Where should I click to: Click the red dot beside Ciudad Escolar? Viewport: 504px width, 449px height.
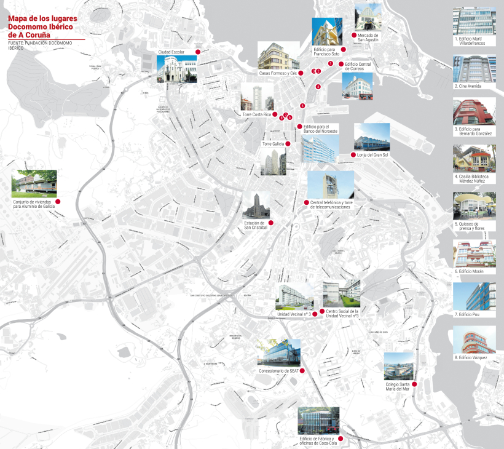click(x=198, y=52)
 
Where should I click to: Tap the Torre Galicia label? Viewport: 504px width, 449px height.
click(x=274, y=144)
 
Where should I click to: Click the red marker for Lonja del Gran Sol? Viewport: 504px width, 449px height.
click(x=352, y=155)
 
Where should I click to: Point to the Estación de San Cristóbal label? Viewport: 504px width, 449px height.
click(x=255, y=225)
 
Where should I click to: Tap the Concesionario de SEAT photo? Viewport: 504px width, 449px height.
click(x=279, y=354)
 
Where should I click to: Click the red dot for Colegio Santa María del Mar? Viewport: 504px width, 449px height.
click(x=414, y=384)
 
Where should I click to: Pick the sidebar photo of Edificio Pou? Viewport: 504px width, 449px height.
click(x=474, y=296)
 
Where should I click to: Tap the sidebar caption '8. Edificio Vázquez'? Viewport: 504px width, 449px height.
click(x=473, y=357)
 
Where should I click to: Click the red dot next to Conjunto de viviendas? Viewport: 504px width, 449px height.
click(x=58, y=202)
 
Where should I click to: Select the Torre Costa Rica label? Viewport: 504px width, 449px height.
click(x=256, y=115)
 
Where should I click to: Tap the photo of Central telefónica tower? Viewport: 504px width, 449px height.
click(x=331, y=185)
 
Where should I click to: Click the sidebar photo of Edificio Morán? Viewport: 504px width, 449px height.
click(x=474, y=253)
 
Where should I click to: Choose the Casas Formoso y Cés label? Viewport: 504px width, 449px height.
click(x=278, y=73)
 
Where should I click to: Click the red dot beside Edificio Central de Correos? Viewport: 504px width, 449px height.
click(x=341, y=63)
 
